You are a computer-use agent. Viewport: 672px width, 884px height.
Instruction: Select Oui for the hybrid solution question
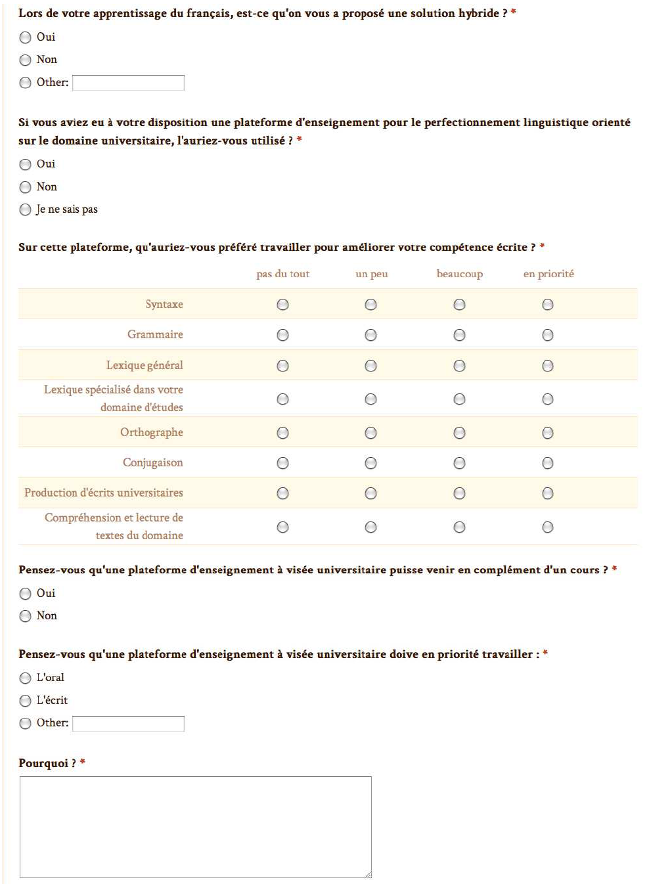(x=26, y=37)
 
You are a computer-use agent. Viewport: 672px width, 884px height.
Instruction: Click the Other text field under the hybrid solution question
(x=128, y=83)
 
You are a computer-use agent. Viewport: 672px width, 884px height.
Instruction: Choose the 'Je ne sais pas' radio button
(x=26, y=210)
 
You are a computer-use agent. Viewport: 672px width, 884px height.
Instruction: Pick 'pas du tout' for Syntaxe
(x=282, y=305)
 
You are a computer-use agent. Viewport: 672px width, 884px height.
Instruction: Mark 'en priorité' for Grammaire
(x=547, y=335)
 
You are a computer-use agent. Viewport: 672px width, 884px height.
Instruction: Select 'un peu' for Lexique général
(x=370, y=366)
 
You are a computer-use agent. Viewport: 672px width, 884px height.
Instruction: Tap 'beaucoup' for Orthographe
(x=459, y=433)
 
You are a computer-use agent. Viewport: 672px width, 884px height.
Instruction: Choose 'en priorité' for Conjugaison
(x=547, y=463)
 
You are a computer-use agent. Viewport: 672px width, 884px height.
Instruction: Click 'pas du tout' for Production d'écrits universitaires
(x=282, y=493)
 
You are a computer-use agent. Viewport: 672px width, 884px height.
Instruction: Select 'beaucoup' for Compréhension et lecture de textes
(x=459, y=527)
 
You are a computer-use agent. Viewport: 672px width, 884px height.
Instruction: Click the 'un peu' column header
(x=371, y=274)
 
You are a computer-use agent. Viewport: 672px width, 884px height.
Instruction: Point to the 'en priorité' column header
(x=548, y=274)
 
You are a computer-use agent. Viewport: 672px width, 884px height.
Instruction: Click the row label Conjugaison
(x=152, y=463)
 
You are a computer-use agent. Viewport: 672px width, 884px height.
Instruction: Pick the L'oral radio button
(x=26, y=678)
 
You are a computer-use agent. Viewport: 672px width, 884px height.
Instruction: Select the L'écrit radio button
(x=26, y=701)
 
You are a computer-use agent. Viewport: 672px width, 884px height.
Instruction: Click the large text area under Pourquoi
(x=195, y=827)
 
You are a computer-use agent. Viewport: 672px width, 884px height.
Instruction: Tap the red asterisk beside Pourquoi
(x=83, y=762)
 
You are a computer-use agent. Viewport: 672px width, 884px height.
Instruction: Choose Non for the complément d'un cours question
(x=26, y=616)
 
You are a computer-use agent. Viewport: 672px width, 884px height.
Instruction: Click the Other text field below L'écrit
(x=128, y=723)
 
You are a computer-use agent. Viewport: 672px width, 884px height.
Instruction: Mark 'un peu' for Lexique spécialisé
(x=370, y=399)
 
